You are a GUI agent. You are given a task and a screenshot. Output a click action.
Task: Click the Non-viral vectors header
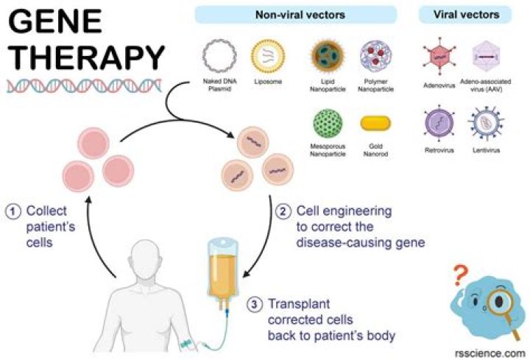pyautogui.click(x=296, y=15)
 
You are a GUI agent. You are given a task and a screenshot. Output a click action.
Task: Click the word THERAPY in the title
pyautogui.click(x=85, y=57)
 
